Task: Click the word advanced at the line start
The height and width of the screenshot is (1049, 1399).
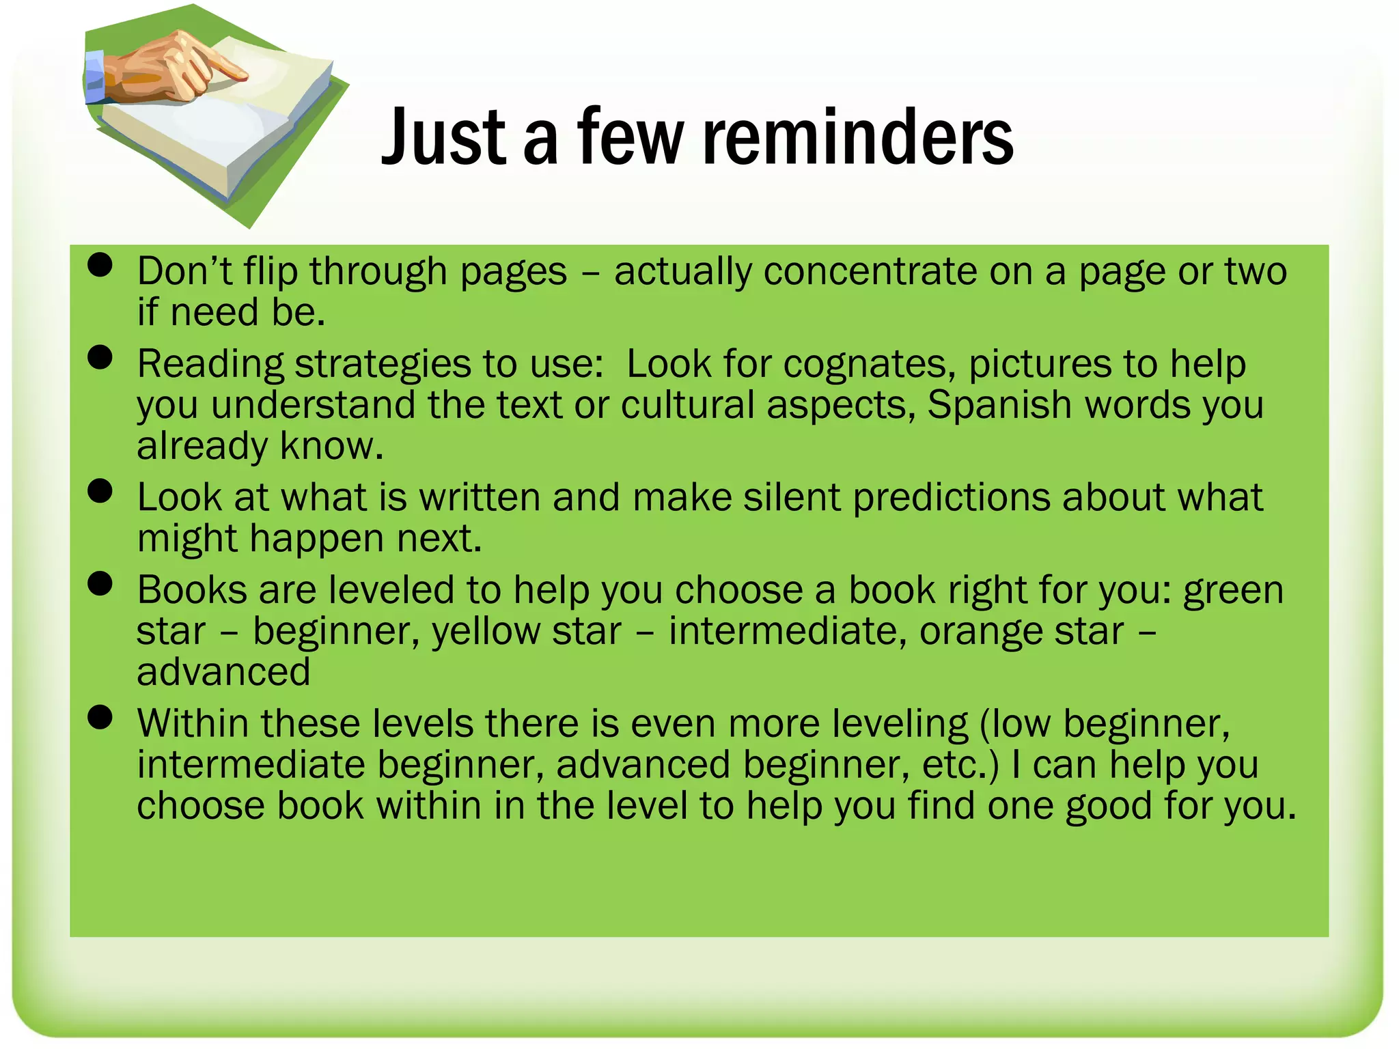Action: pyautogui.click(x=223, y=672)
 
